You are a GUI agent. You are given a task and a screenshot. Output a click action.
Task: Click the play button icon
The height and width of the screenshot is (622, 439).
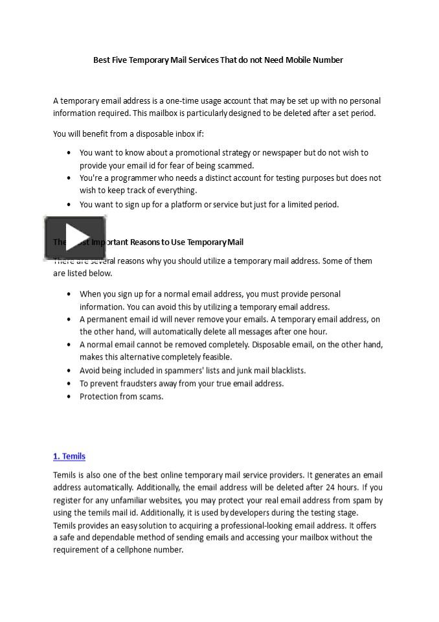75,238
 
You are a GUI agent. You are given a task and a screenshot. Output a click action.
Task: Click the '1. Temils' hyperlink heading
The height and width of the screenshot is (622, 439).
69,456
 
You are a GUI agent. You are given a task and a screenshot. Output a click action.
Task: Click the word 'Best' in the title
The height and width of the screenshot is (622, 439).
102,60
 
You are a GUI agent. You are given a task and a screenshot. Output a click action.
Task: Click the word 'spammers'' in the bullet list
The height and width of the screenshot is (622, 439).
195,371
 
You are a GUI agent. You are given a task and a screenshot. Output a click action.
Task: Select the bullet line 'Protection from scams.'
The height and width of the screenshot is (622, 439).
122,397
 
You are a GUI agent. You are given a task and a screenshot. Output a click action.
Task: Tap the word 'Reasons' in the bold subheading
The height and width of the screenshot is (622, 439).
148,242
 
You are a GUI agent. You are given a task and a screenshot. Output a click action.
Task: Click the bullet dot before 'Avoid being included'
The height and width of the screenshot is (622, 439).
69,371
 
